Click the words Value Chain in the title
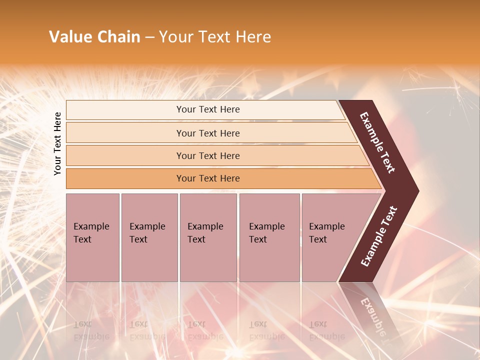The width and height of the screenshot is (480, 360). [x=94, y=37]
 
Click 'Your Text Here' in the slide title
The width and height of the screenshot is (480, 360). [x=215, y=37]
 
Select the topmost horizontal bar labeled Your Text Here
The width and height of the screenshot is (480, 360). [x=208, y=109]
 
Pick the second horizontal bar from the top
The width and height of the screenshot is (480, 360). [x=208, y=133]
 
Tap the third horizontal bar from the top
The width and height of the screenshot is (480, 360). [x=208, y=155]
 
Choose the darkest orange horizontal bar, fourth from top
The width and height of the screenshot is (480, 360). [x=208, y=178]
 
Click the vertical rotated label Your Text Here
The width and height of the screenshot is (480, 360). [x=57, y=143]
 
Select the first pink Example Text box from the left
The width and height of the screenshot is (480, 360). [x=92, y=237]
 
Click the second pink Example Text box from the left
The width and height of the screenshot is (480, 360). [x=149, y=237]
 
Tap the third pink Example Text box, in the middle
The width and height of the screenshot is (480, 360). [x=208, y=237]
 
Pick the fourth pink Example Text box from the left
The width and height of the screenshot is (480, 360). [x=269, y=237]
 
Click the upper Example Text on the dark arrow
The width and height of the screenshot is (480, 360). [x=377, y=142]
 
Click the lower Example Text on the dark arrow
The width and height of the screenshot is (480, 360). [x=379, y=236]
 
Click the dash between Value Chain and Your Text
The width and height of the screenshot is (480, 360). [x=149, y=37]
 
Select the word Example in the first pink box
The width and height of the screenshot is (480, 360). [x=91, y=226]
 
